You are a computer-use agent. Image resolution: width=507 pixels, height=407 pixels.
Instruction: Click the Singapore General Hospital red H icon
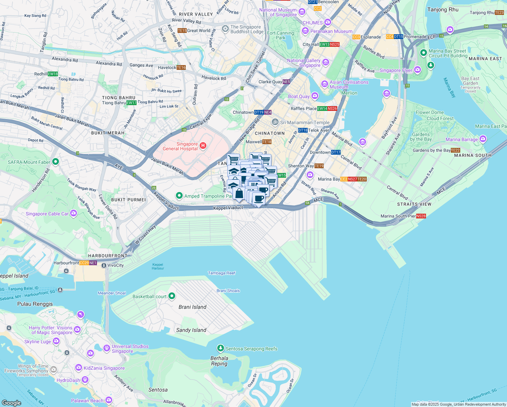click(203, 146)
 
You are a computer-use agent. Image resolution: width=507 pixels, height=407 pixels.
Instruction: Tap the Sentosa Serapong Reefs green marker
click(221, 348)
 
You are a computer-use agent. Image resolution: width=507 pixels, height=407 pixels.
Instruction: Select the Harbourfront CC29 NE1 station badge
click(88, 263)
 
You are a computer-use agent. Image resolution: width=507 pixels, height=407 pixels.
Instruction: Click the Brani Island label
click(192, 307)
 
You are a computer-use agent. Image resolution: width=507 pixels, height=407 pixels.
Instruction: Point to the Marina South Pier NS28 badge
click(421, 216)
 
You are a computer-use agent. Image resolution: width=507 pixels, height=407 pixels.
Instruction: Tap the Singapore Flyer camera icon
click(417, 70)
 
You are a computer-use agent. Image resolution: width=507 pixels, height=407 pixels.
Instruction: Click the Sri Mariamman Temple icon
click(275, 122)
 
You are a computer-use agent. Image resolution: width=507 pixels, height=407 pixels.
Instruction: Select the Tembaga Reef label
click(222, 273)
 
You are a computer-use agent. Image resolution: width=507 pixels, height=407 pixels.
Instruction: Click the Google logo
click(12, 403)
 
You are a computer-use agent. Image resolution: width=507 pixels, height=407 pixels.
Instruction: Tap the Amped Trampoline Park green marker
click(179, 196)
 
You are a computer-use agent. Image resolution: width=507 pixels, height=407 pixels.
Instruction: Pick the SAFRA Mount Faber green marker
click(56, 162)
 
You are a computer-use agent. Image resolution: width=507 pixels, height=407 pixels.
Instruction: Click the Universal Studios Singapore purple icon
click(106, 348)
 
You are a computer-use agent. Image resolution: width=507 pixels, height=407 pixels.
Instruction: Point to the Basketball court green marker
click(172, 296)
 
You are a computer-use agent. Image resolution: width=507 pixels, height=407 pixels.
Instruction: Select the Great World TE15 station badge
click(182, 31)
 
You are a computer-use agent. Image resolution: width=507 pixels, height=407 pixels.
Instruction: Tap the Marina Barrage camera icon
click(483, 139)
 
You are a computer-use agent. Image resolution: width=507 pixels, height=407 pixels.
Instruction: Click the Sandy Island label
click(191, 330)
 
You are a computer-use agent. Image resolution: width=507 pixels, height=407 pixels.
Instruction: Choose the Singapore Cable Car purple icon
click(74, 213)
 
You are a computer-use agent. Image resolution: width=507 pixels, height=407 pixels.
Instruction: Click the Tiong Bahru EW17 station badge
click(131, 103)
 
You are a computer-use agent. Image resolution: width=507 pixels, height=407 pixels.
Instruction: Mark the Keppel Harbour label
click(158, 267)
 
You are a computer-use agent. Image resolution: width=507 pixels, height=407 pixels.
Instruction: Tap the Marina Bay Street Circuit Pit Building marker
click(423, 53)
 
